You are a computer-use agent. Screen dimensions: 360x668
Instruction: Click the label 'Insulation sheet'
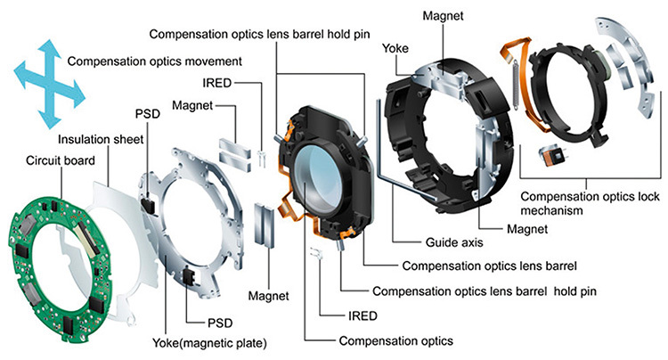(x=97, y=139)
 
